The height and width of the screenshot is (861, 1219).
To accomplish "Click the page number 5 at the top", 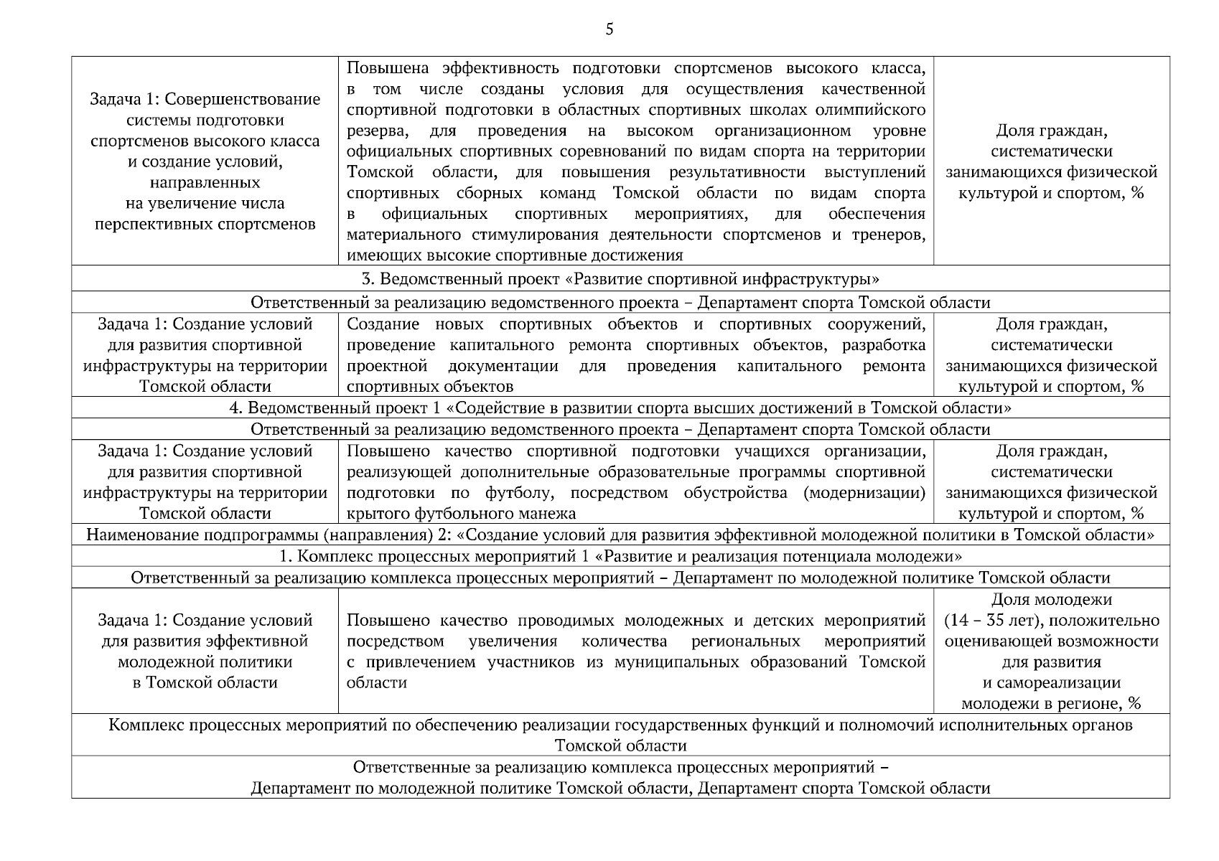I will click(609, 29).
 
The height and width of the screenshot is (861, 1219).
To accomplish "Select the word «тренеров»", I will click(889, 235).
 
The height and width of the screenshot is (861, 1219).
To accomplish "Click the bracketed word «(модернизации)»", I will click(864, 493).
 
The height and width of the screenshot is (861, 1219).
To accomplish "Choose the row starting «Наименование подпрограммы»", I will click(620, 535).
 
